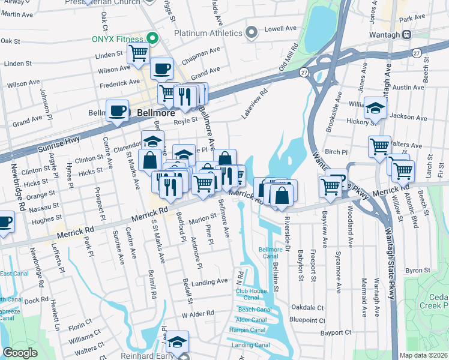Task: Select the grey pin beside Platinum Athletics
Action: click(x=253, y=32)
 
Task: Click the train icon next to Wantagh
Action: click(x=407, y=34)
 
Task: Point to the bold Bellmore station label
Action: click(x=155, y=112)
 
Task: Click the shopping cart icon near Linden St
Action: click(x=139, y=53)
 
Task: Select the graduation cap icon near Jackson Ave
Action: click(x=375, y=108)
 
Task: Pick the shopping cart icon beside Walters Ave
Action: click(x=379, y=146)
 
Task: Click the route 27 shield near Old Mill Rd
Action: click(x=304, y=73)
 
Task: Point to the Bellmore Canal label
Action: click(x=270, y=252)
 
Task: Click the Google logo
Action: click(x=20, y=353)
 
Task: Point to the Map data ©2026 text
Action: click(x=423, y=355)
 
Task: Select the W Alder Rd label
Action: click(x=197, y=313)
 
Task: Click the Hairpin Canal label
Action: click(x=250, y=329)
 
